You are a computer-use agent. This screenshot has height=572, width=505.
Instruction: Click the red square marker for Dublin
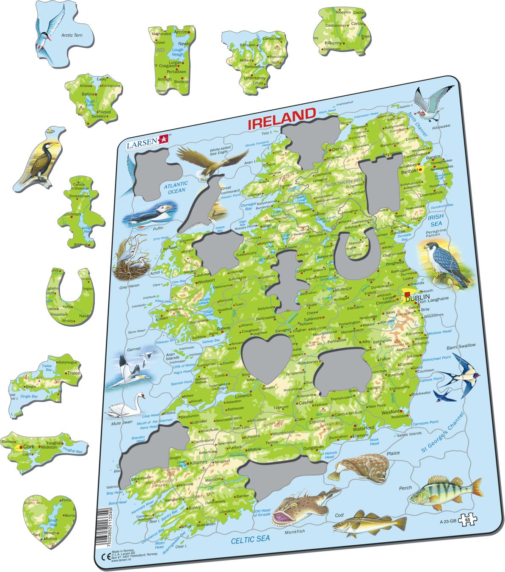(407, 294)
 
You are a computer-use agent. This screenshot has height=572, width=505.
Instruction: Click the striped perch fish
(444, 491)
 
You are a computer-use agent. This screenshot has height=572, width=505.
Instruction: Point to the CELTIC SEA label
(250, 539)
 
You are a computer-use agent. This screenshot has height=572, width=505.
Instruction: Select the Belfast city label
(408, 173)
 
